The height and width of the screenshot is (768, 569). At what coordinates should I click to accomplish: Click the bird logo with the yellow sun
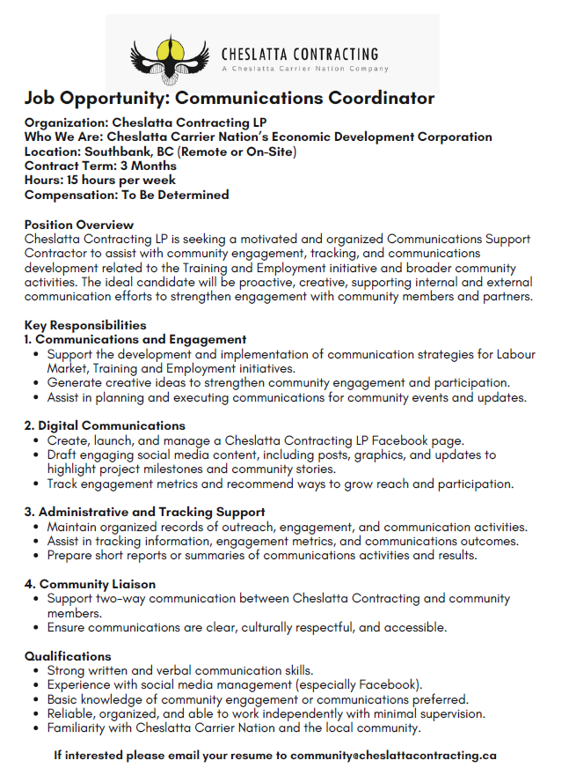(x=167, y=55)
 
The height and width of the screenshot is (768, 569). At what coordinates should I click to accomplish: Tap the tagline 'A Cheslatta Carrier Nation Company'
(x=304, y=68)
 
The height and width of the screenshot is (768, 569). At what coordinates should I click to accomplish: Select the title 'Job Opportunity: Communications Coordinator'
(x=230, y=98)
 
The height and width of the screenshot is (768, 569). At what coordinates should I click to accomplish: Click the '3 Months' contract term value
(x=149, y=166)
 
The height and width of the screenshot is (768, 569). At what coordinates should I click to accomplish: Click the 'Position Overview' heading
(x=79, y=225)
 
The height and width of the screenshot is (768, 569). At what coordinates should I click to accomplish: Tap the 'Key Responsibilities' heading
(x=85, y=325)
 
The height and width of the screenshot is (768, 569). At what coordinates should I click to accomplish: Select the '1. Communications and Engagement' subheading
(x=135, y=339)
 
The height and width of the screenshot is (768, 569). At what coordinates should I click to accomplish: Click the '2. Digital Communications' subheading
(x=105, y=425)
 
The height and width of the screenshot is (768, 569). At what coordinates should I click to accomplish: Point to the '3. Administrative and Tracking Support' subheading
(x=145, y=512)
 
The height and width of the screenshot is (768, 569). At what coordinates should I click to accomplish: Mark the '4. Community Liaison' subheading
(x=90, y=584)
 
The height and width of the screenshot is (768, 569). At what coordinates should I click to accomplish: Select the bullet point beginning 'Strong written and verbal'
(x=180, y=670)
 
